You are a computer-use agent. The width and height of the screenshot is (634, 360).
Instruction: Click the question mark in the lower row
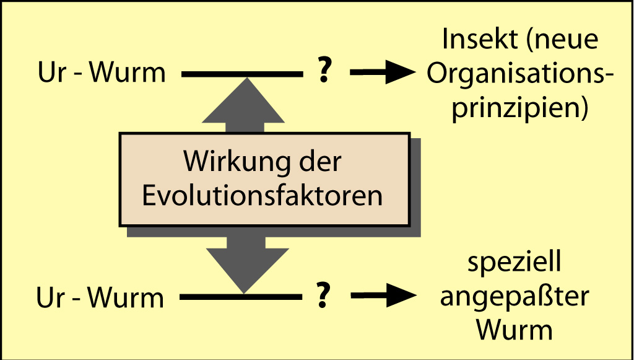[x=322, y=296]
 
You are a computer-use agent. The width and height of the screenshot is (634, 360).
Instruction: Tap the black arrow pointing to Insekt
[x=383, y=72]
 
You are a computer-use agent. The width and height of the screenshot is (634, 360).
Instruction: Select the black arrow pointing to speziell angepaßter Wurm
[x=383, y=296]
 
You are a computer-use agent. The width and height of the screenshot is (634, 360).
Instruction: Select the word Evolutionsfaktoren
[x=263, y=196]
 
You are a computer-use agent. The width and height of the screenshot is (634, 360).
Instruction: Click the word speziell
[x=515, y=263]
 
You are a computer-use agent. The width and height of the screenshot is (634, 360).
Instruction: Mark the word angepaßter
[x=515, y=298]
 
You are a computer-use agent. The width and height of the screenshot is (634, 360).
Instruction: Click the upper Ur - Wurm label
[x=102, y=73]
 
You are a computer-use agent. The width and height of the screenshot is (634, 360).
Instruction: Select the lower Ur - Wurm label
[x=100, y=297]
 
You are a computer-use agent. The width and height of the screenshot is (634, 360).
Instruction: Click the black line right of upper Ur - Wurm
[x=242, y=74]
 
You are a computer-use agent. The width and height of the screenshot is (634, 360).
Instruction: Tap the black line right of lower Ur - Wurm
[x=241, y=297]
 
